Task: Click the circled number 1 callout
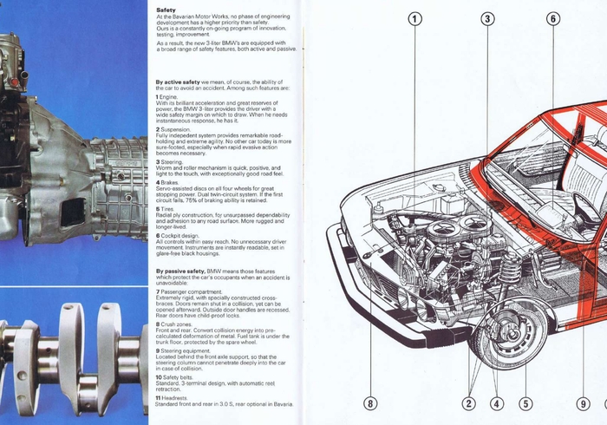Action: [415, 18]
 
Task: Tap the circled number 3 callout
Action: [488, 18]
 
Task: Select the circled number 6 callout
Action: [554, 18]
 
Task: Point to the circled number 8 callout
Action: [371, 402]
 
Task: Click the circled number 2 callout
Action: [469, 402]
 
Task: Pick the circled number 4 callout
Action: [497, 402]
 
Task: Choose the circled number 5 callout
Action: [525, 402]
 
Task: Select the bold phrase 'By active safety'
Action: [177, 82]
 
